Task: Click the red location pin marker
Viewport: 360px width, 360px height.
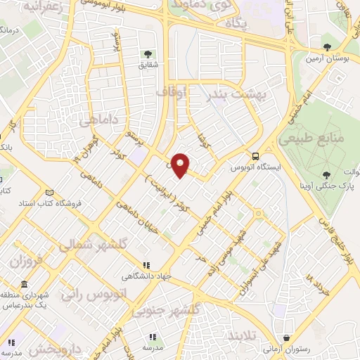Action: pyautogui.click(x=181, y=165)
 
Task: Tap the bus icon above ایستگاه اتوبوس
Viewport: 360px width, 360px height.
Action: pyautogui.click(x=255, y=156)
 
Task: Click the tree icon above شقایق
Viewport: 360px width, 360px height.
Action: pyautogui.click(x=147, y=53)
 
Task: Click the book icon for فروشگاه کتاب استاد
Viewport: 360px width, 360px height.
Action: pyautogui.click(x=49, y=193)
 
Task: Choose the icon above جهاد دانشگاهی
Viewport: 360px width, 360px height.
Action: pyautogui.click(x=146, y=265)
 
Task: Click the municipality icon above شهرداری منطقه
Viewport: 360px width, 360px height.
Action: pyautogui.click(x=24, y=284)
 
